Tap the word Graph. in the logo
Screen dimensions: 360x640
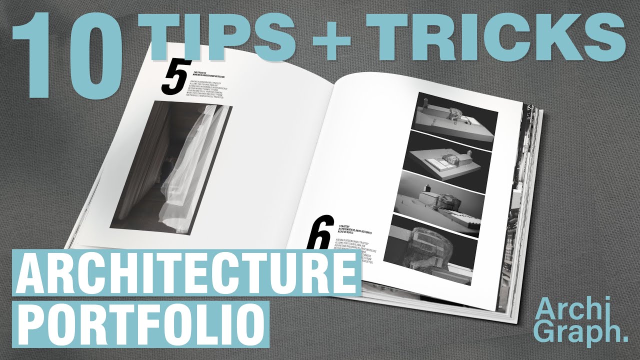pos(580,331)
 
